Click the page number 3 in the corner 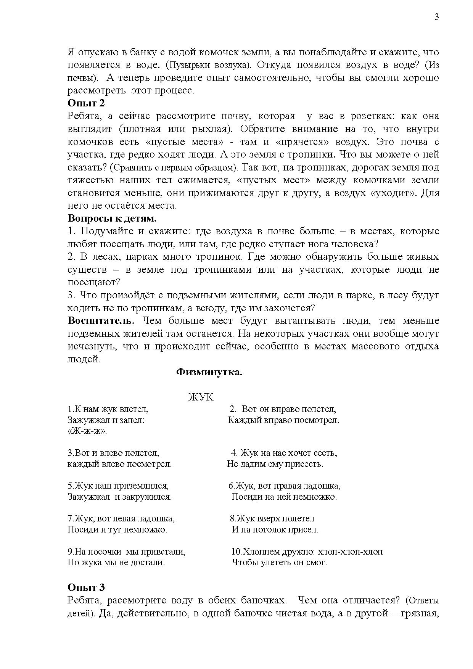pyautogui.click(x=437, y=17)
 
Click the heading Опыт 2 pyautogui.click(x=86, y=103)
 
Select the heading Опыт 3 pyautogui.click(x=86, y=587)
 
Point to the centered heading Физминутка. pyautogui.click(x=209, y=372)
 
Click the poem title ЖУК pyautogui.click(x=201, y=397)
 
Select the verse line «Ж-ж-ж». pyautogui.click(x=87, y=431)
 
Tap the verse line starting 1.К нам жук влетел pyautogui.click(x=108, y=409)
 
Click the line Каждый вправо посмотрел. pyautogui.click(x=283, y=420)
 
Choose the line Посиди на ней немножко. pyautogui.click(x=284, y=497)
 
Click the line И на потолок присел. pyautogui.click(x=275, y=530)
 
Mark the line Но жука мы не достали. pyautogui.click(x=116, y=562)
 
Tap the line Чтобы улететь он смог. pyautogui.click(x=279, y=562)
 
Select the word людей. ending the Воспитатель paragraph pyautogui.click(x=84, y=359)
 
